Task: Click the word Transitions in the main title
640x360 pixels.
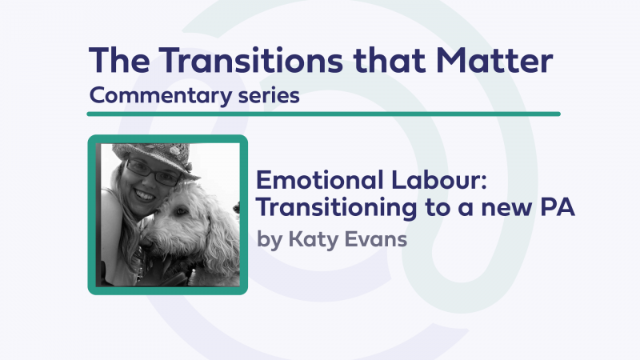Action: [x=250, y=61]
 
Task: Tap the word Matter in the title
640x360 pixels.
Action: [x=494, y=61]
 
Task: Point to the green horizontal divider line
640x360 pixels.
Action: [x=324, y=114]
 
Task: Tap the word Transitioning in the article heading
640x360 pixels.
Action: [x=337, y=208]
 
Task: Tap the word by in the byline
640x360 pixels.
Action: [x=270, y=241]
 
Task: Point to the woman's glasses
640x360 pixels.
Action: [x=152, y=173]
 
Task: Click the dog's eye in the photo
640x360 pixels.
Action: [x=180, y=211]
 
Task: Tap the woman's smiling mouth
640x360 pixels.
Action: [x=145, y=195]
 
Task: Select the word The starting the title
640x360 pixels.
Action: [x=119, y=61]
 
